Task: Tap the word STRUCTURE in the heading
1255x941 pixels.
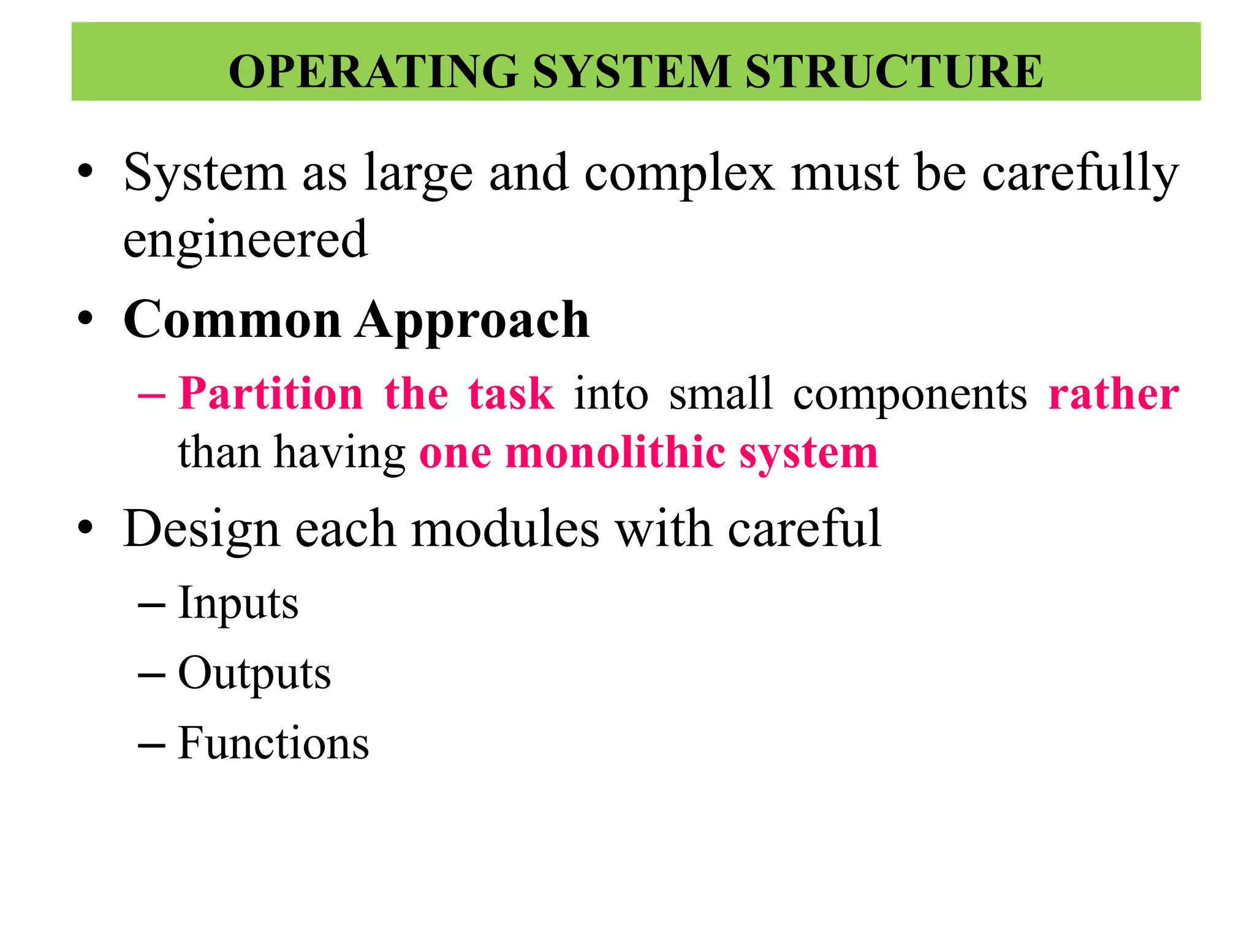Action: [894, 72]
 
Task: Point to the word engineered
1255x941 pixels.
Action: [245, 239]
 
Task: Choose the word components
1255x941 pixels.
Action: [910, 395]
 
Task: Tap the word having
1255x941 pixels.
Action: [339, 455]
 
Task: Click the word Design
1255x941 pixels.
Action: [202, 530]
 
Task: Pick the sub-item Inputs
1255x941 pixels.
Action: [238, 604]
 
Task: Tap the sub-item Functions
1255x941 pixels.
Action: [273, 743]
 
